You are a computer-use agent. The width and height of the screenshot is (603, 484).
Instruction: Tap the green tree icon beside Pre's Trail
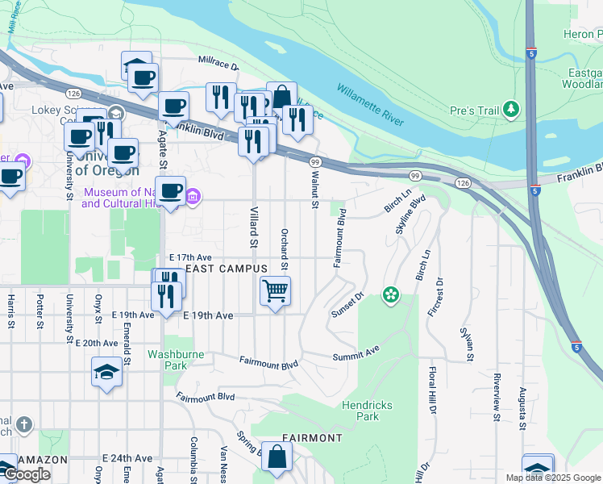[x=509, y=109]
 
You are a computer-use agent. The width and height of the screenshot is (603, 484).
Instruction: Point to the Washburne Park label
[x=175, y=360]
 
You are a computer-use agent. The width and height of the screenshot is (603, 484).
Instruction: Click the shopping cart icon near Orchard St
[x=275, y=290]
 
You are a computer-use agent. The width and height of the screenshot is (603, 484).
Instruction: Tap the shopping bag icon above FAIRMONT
[x=277, y=457]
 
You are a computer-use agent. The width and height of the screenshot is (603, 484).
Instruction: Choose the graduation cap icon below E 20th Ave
[x=106, y=372]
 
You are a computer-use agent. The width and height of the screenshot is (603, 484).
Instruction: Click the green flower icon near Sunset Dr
[x=391, y=295]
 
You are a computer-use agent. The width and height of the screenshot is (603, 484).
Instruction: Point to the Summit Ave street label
[x=356, y=354]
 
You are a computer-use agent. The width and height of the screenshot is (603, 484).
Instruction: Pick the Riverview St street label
[x=497, y=396]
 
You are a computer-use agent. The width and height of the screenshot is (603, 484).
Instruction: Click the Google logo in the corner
[x=27, y=474]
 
